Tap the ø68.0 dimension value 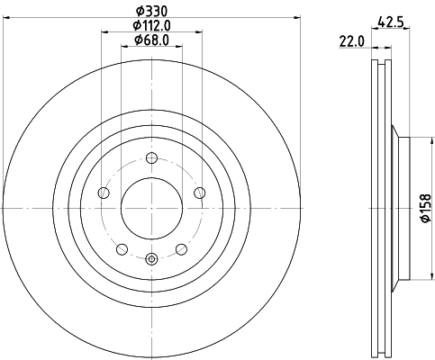click(151, 40)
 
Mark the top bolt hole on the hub click(151, 159)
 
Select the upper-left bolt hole click(104, 193)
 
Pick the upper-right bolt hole click(199, 193)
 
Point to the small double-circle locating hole click(151, 259)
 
